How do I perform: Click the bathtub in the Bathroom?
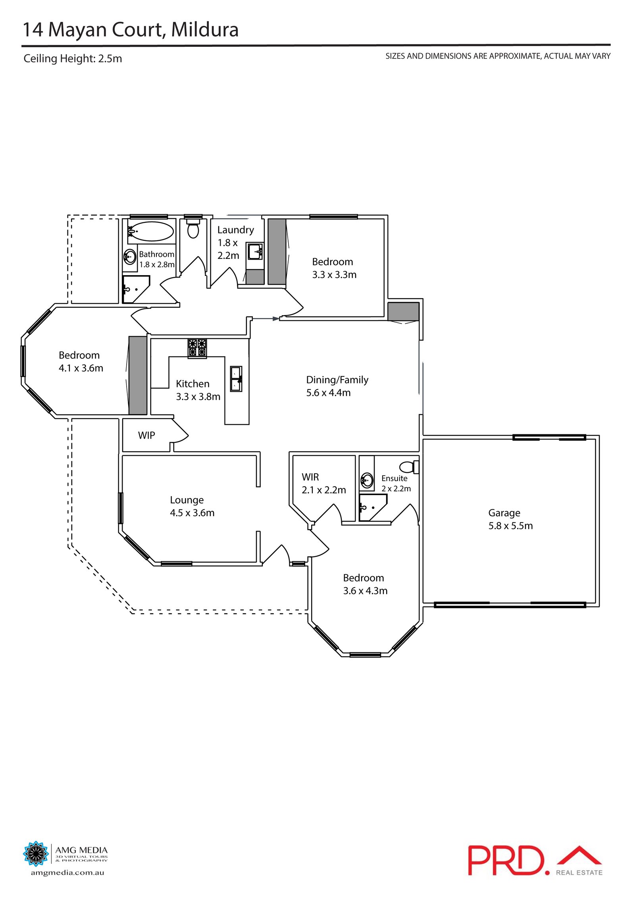coord(152,231)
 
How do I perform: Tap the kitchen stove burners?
coord(197,348)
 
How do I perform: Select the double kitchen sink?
coord(236,379)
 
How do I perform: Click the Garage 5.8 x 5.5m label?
coord(510,519)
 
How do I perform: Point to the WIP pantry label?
coord(146,435)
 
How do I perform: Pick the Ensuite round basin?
coord(367,480)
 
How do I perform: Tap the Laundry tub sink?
coord(255,251)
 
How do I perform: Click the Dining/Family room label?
coord(337,386)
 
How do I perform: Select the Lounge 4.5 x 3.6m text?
coord(192,506)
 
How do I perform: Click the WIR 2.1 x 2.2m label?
coord(323,483)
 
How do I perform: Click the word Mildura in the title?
coord(205,30)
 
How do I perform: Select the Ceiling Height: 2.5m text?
coord(73,58)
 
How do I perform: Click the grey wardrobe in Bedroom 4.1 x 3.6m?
coord(138,375)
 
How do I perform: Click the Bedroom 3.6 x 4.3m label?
coord(365,584)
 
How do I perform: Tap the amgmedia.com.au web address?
coord(67,873)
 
